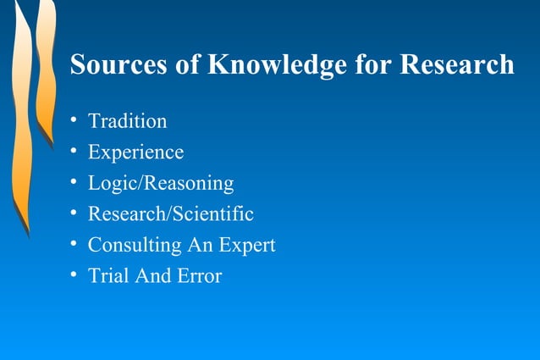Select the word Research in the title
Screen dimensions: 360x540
tap(457, 64)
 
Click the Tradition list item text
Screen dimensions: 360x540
tap(128, 121)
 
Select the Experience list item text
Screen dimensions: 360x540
tap(135, 152)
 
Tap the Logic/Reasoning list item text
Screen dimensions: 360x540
tap(161, 183)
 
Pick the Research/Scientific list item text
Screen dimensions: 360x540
tap(171, 214)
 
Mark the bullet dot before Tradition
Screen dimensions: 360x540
tap(74, 120)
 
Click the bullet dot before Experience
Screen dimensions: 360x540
tap(74, 152)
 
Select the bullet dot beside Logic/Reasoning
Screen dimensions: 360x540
tap(74, 182)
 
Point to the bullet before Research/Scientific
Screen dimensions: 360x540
tap(74, 213)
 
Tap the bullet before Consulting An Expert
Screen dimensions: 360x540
tap(74, 244)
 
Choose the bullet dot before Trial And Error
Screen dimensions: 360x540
tap(74, 275)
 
